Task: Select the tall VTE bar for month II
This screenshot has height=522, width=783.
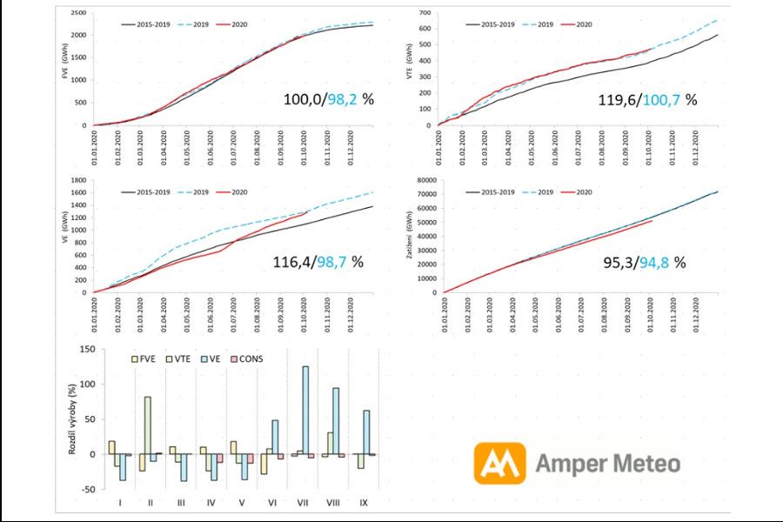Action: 148,425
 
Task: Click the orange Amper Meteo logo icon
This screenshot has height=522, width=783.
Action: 499,463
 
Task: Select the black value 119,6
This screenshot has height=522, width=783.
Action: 620,99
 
